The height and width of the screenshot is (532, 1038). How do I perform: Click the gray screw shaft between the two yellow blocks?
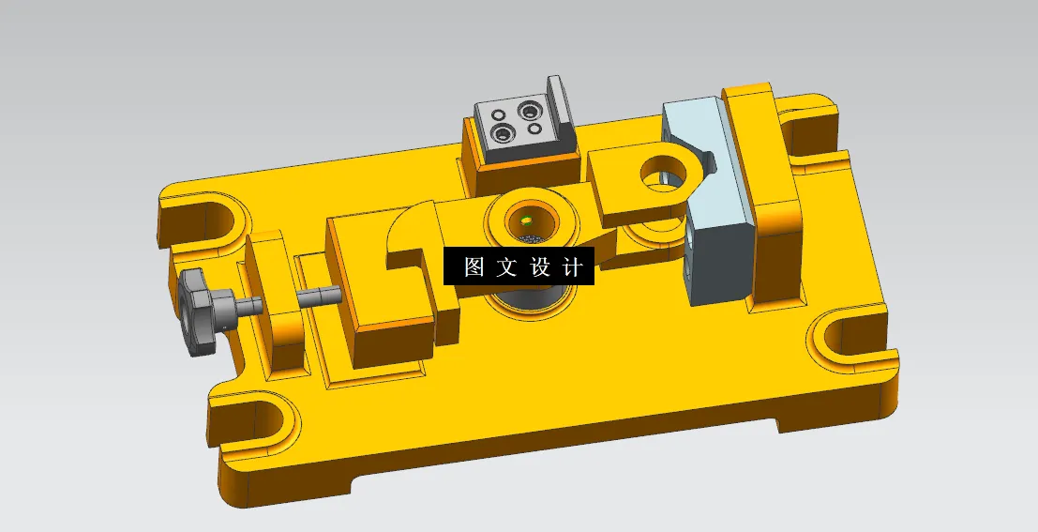pyautogui.click(x=319, y=296)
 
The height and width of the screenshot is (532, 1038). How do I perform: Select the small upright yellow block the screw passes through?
pyautogui.click(x=276, y=300)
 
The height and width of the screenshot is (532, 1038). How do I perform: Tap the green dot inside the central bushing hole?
pyautogui.click(x=527, y=222)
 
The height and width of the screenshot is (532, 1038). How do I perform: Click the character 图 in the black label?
pyautogui.click(x=474, y=267)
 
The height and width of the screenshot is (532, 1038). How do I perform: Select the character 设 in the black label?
pyautogui.click(x=540, y=267)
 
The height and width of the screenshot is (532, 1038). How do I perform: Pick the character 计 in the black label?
pyautogui.click(x=572, y=267)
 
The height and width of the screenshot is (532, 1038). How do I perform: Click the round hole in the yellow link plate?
pyautogui.click(x=667, y=173)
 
